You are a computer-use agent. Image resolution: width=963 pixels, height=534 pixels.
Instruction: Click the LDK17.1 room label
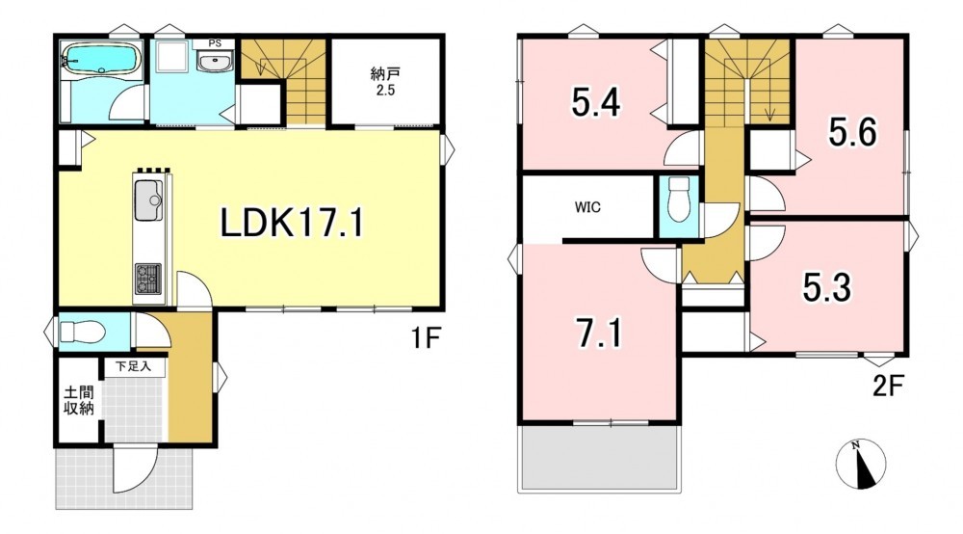292,223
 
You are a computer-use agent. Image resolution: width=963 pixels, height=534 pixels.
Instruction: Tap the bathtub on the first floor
101,58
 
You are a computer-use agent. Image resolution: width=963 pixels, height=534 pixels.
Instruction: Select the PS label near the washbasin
215,43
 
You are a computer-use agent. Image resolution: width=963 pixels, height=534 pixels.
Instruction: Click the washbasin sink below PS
215,62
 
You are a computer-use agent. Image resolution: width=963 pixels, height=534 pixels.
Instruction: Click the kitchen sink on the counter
148,200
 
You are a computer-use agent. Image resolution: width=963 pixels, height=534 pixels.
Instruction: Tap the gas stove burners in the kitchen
148,279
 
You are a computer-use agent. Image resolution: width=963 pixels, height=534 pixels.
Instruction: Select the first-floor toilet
82,333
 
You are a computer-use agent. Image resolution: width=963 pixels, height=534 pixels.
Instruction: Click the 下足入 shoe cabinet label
133,367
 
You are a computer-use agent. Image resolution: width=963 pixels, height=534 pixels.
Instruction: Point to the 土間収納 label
79,400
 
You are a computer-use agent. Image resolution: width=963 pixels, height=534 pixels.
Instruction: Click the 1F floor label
427,337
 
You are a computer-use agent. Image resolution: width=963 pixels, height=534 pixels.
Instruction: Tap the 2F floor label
888,386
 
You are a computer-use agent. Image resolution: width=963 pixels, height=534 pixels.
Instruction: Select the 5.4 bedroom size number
596,102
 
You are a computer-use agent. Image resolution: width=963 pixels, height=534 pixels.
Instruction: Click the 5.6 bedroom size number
852,132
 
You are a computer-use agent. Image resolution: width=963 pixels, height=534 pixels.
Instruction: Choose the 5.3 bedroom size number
827,287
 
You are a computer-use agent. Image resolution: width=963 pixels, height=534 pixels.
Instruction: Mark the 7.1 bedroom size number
599,334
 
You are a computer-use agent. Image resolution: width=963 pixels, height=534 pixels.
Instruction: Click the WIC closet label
587,207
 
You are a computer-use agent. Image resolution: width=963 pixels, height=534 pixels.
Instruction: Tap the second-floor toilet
679,200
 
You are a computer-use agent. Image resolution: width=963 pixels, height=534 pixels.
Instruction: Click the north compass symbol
861,464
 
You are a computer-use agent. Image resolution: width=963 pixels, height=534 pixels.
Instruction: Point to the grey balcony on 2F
599,458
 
